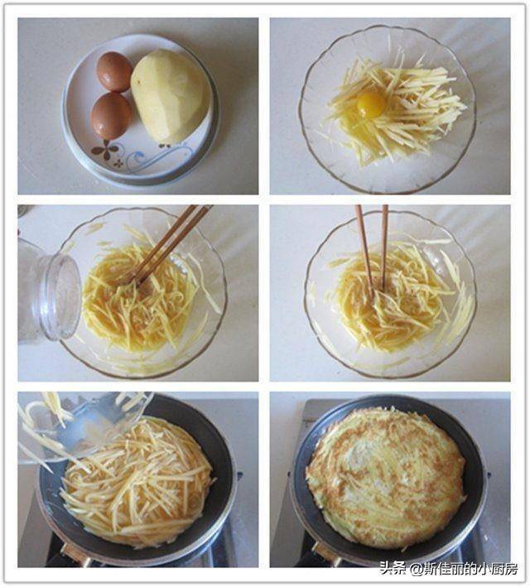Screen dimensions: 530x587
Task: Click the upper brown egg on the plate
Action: tap(114, 71)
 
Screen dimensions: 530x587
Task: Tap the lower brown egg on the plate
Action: tap(111, 115)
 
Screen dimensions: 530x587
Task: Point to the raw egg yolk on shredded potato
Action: tap(371, 103)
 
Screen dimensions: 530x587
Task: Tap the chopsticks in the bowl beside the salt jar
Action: tap(169, 244)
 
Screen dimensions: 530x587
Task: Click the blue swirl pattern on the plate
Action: tap(157, 156)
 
